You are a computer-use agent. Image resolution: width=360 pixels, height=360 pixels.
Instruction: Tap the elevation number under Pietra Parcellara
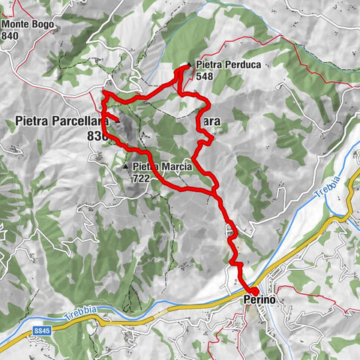[x=96, y=136]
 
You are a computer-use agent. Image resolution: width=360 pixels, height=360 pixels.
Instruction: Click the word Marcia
[x=176, y=167]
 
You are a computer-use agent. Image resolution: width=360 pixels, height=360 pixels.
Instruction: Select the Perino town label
[x=259, y=300]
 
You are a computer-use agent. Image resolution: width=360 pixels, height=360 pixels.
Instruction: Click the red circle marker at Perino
[x=253, y=291]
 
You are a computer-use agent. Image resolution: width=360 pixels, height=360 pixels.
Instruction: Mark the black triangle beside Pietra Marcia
[x=125, y=166]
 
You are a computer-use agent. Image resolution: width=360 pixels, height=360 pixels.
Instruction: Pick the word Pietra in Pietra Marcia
[x=145, y=167]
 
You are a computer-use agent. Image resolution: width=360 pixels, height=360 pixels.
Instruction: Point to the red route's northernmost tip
[x=184, y=68]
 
